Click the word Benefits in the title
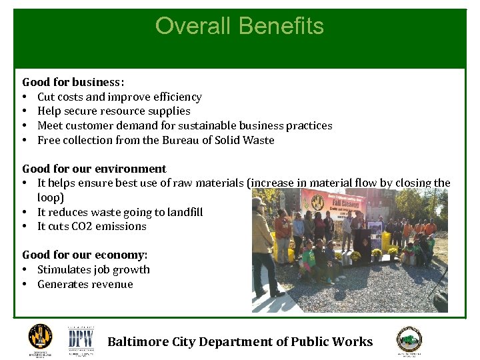click(x=280, y=26)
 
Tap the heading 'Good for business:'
click(x=73, y=82)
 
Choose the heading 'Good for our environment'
click(x=94, y=169)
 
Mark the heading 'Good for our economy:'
click(x=85, y=255)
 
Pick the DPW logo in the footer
click(x=81, y=340)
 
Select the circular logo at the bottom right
click(x=409, y=339)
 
